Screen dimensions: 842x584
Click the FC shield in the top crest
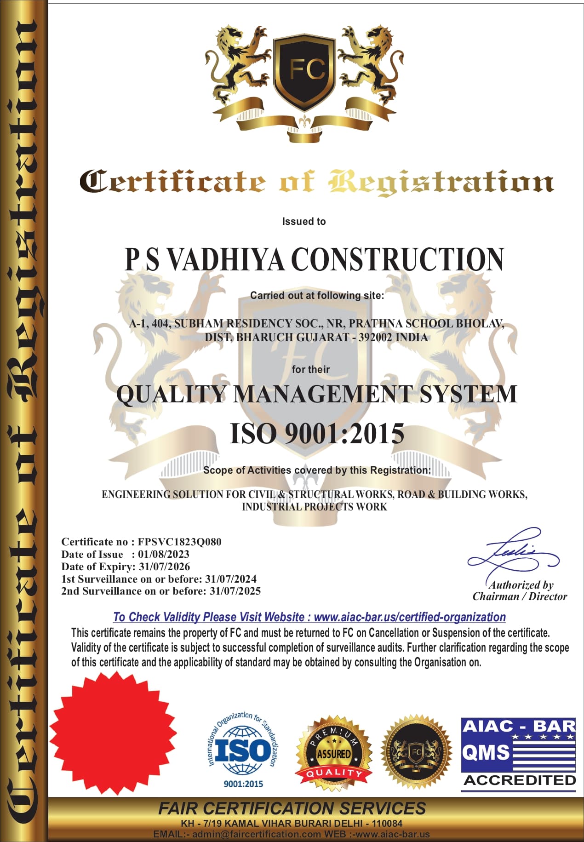pyautogui.click(x=305, y=71)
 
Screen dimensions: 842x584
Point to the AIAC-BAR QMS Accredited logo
pyautogui.click(x=518, y=754)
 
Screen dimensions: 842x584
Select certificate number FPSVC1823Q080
pyautogui.click(x=179, y=542)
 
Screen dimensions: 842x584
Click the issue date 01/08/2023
pyautogui.click(x=164, y=554)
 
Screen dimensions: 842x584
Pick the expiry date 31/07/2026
pyautogui.click(x=164, y=567)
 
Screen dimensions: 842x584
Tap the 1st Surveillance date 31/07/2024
pyautogui.click(x=231, y=579)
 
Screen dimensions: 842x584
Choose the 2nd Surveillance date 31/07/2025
pyautogui.click(x=235, y=591)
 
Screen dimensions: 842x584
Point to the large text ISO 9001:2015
pyautogui.click(x=317, y=434)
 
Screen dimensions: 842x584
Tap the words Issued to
pyautogui.click(x=304, y=221)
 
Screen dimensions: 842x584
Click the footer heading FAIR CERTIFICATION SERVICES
pyautogui.click(x=292, y=808)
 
